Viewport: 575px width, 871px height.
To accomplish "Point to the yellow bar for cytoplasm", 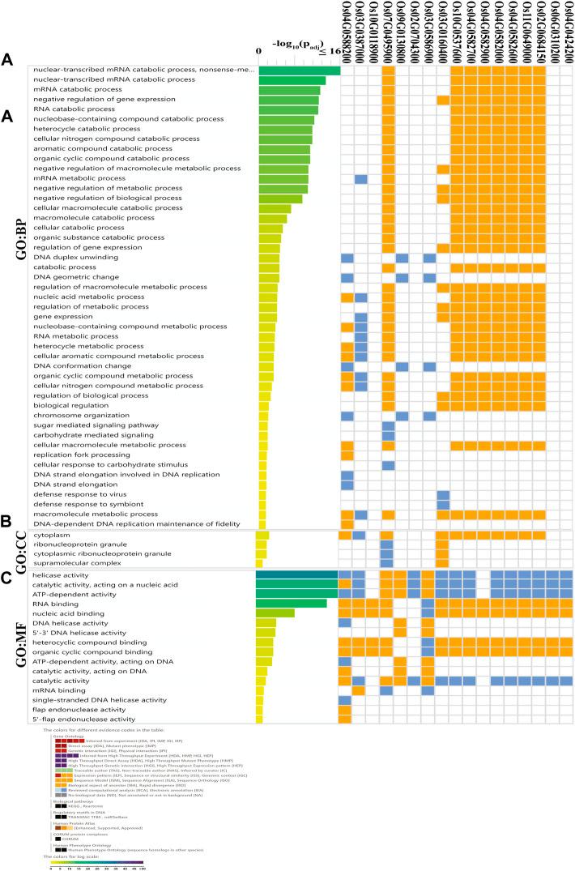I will pos(263,535).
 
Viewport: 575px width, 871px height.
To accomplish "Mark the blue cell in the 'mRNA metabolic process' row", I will pos(360,178).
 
